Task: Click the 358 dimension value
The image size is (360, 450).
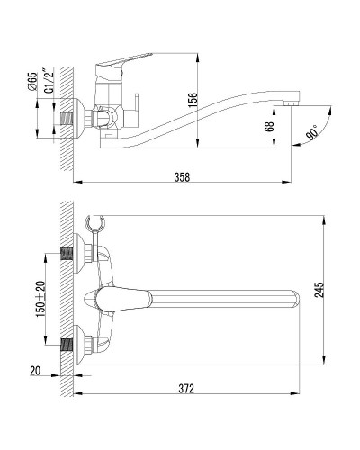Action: click(x=182, y=177)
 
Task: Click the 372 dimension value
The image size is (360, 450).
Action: click(x=186, y=389)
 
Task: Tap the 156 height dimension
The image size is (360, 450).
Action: click(x=193, y=100)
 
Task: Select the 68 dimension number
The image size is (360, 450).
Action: click(x=270, y=126)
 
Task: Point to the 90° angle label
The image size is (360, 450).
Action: click(x=312, y=132)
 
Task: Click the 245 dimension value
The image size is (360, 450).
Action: click(x=319, y=290)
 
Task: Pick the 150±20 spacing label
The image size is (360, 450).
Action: click(x=40, y=299)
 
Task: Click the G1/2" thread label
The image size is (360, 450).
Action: click(x=49, y=81)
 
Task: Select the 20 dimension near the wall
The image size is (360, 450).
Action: click(x=35, y=371)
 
